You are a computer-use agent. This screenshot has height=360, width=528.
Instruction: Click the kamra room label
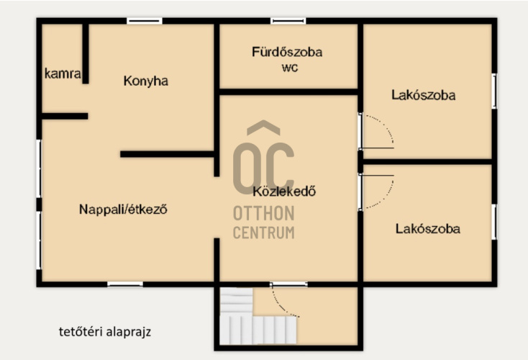pos(63,73)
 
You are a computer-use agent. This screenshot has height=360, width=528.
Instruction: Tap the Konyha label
pos(146,81)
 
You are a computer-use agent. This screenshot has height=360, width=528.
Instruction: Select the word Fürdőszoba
pos(287,52)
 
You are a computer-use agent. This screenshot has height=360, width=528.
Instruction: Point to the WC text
pos(290,68)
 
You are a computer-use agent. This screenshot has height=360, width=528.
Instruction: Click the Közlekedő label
pos(284,191)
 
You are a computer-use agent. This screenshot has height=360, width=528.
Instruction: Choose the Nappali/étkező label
pos(123,210)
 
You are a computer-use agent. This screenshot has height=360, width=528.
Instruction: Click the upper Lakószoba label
pos(423,95)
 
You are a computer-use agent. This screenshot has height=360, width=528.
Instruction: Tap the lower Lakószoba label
pos(428,229)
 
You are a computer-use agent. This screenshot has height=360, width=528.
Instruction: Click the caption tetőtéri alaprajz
pos(105,332)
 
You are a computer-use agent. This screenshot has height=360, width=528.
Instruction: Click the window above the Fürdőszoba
pos(288,21)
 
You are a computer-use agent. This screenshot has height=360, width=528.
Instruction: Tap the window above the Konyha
pos(145,21)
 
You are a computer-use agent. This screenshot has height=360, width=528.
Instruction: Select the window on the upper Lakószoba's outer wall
pos(494,91)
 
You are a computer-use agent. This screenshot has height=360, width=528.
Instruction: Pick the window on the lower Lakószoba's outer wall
pos(494,222)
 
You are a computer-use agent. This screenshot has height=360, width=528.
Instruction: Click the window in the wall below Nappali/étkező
pos(125,284)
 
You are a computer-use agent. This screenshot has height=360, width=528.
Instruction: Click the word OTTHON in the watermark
pos(264,213)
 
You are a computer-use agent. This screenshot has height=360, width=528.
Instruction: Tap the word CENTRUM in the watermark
pos(264,233)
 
